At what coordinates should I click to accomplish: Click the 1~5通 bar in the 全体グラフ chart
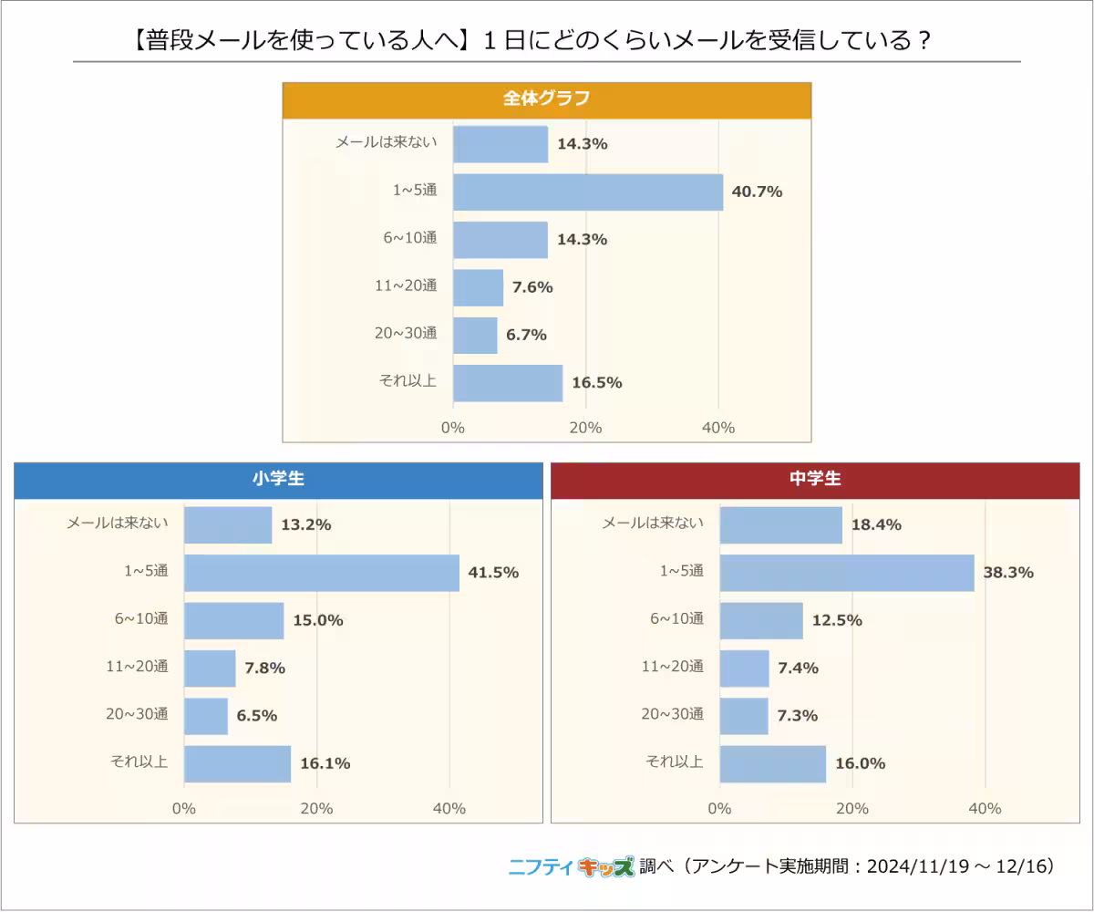point(588,192)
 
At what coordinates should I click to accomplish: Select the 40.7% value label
point(758,192)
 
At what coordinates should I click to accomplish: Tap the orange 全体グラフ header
point(546,99)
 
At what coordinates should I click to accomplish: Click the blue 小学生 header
point(278,480)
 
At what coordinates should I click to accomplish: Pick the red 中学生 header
point(814,480)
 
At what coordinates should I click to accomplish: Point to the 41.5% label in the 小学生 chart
point(493,573)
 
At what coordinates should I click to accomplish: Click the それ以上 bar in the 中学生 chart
point(772,763)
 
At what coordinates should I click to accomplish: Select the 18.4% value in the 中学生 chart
point(876,525)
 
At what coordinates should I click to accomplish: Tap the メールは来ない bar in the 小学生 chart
point(228,525)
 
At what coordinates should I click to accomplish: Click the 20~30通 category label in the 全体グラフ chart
point(407,334)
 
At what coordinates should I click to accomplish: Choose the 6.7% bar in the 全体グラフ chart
point(475,335)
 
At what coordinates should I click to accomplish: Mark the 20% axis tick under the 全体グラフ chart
point(585,428)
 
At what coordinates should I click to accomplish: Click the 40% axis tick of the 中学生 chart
point(985,808)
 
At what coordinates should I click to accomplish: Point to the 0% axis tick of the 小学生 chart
point(184,808)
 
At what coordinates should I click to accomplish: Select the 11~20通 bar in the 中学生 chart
point(744,668)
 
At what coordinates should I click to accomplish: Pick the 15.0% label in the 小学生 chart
point(318,620)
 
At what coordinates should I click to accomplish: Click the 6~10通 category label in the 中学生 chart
point(677,620)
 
